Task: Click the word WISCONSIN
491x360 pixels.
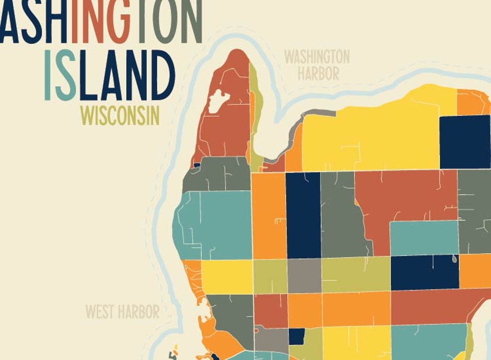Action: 120,115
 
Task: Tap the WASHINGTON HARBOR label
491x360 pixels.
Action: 317,65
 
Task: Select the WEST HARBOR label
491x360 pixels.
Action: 122,312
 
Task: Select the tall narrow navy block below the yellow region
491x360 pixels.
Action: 303,215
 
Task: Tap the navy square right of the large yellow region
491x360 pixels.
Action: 465,142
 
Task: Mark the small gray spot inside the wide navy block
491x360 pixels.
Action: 455,259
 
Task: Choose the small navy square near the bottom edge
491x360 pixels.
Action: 296,336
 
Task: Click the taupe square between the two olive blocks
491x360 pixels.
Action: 304,276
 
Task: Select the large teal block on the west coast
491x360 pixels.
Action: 215,224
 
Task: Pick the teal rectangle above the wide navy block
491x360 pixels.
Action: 424,237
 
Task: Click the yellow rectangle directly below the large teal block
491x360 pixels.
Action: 227,276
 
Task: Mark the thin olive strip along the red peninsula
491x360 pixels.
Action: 254,116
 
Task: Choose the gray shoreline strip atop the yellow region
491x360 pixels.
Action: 319,113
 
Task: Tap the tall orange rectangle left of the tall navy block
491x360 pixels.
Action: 269,215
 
